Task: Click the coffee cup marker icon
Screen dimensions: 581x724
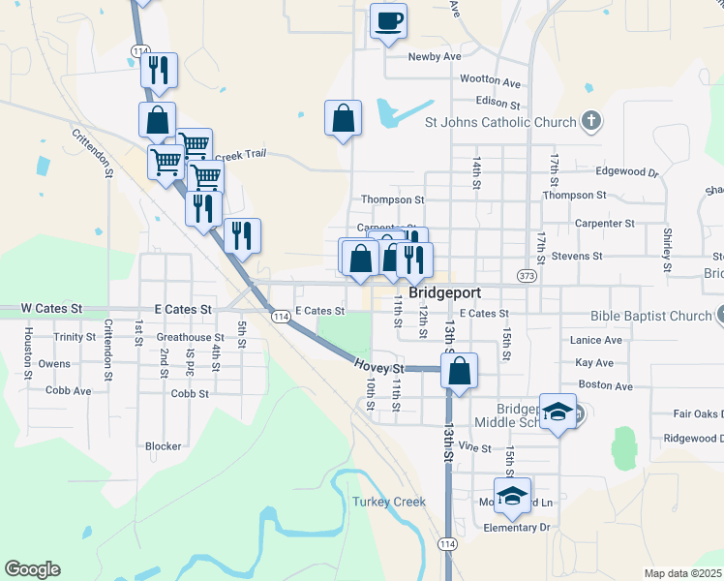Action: pyautogui.click(x=388, y=20)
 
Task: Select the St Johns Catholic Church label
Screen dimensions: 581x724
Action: pyautogui.click(x=500, y=123)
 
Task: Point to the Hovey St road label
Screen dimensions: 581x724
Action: pyautogui.click(x=377, y=369)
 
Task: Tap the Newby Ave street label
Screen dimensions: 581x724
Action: pyautogui.click(x=435, y=57)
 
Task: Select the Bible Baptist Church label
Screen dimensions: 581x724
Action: pyautogui.click(x=650, y=317)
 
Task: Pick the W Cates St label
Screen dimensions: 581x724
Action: pyautogui.click(x=49, y=309)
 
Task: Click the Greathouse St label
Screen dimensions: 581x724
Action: pyautogui.click(x=190, y=338)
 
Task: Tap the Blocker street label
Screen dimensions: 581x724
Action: pyautogui.click(x=163, y=446)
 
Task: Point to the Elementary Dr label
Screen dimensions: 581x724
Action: pyautogui.click(x=516, y=528)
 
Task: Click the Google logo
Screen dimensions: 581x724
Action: pyautogui.click(x=32, y=569)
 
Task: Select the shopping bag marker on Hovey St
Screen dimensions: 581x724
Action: pyautogui.click(x=459, y=370)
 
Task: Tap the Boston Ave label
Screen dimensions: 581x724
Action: pyautogui.click(x=604, y=386)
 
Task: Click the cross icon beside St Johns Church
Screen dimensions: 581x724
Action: pyautogui.click(x=592, y=122)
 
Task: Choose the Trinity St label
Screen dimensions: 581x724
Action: pyautogui.click(x=75, y=338)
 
